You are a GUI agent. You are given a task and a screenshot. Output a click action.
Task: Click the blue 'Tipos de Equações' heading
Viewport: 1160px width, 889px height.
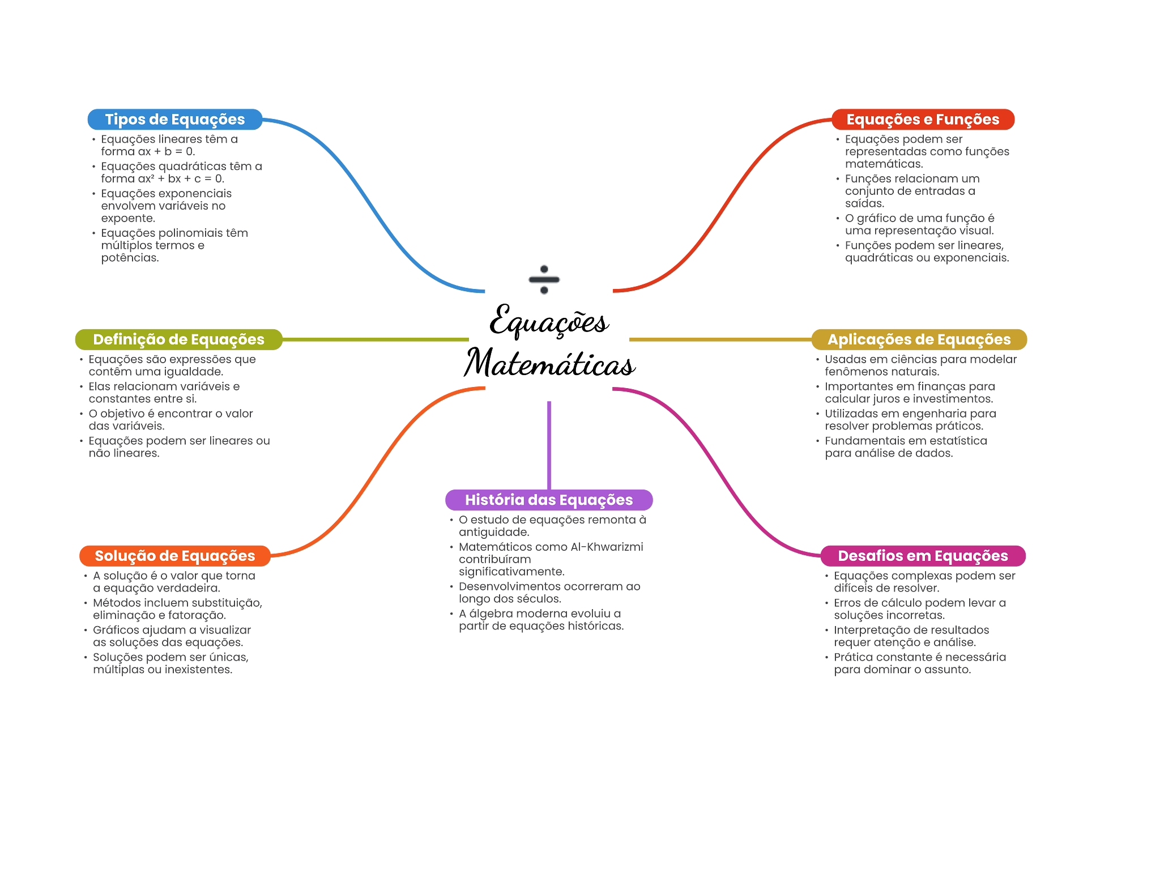click(x=174, y=120)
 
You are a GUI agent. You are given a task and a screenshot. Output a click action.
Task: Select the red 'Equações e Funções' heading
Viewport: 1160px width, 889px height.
click(x=923, y=120)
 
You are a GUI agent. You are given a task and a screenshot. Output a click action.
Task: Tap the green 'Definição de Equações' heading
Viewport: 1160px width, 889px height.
click(x=178, y=339)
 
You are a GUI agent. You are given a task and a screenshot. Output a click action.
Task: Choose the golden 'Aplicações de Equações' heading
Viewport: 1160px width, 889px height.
click(x=919, y=339)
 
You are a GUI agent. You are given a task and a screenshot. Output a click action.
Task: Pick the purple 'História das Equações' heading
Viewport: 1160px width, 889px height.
click(x=549, y=500)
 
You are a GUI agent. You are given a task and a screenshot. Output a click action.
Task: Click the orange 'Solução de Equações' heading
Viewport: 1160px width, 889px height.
click(x=175, y=556)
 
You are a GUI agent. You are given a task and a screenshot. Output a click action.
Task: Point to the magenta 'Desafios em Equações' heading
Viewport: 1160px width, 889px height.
click(x=923, y=556)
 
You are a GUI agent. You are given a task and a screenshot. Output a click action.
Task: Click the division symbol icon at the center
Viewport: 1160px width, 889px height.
click(x=544, y=279)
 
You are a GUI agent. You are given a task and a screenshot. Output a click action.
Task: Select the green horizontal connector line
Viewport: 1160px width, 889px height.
click(x=377, y=339)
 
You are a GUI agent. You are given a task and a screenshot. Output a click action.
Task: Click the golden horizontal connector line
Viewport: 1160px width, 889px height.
click(x=719, y=339)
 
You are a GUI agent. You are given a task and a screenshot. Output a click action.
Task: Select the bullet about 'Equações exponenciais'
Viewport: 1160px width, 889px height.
click(x=167, y=206)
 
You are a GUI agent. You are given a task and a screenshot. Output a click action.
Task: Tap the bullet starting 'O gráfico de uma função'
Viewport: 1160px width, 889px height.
click(x=919, y=224)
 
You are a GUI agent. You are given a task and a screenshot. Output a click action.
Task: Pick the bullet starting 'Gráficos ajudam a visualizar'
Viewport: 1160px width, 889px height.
click(x=172, y=636)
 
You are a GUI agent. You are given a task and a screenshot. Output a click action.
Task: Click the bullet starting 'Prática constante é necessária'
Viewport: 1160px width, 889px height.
click(x=920, y=663)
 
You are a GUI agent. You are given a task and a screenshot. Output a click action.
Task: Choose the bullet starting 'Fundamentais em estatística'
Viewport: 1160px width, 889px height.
click(x=906, y=447)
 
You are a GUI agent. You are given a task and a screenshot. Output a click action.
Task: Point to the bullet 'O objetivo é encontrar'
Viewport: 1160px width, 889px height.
click(x=170, y=420)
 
